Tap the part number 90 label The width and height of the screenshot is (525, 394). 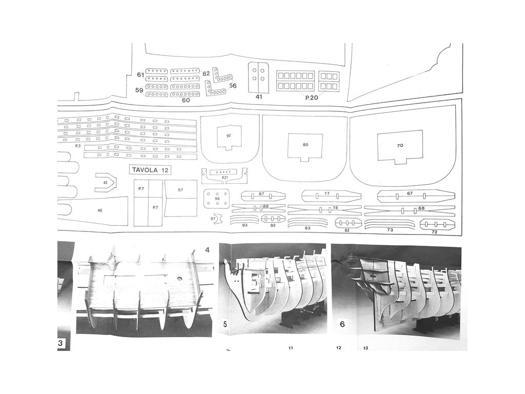coord(228,135)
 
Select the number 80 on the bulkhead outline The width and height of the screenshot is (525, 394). coord(306,145)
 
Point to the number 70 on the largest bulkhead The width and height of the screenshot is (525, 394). coord(400,145)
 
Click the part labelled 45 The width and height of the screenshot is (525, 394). coord(105,182)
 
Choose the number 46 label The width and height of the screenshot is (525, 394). coord(99,210)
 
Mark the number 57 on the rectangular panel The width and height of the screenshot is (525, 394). coord(180,190)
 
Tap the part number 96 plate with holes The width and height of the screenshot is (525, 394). coord(217,199)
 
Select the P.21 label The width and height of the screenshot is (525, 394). coord(225,178)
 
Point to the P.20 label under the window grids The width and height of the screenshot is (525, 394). coord(312,96)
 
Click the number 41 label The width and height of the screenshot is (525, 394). coord(259,96)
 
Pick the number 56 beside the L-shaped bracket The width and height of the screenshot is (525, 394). coord(232,86)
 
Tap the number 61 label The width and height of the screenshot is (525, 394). coord(140,75)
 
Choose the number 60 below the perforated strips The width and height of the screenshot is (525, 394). coord(186,100)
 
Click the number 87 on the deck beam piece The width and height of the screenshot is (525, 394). coord(261,194)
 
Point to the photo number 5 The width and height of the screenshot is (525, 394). coord(226,324)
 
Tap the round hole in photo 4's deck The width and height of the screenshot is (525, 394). coord(180,278)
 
